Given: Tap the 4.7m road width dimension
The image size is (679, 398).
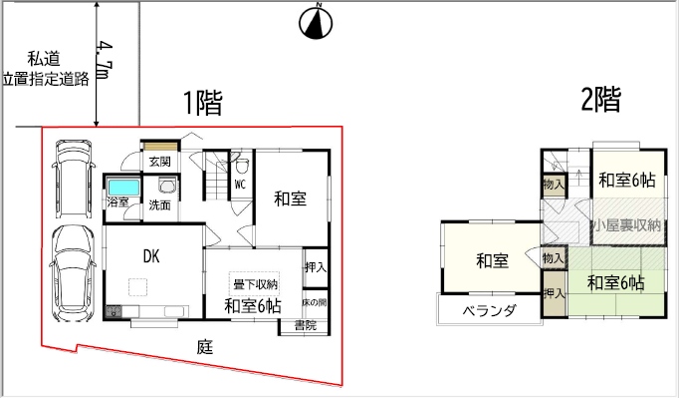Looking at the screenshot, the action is (x=105, y=60).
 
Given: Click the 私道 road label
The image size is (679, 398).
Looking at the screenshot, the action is (x=44, y=58).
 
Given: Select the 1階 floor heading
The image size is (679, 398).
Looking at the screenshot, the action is (x=203, y=103).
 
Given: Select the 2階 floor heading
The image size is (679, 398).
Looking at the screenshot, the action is (x=601, y=100).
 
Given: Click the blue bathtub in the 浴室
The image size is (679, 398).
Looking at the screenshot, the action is (x=123, y=188).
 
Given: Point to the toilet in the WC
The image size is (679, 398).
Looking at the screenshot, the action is (x=242, y=165).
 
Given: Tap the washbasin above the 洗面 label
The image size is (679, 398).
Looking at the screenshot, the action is (x=166, y=186).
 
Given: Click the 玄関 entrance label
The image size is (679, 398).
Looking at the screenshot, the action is (x=159, y=163).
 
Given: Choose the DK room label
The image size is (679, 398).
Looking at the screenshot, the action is (x=151, y=256).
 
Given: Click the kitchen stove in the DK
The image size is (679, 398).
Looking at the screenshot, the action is (x=113, y=311).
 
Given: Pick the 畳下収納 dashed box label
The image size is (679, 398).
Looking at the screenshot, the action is (x=255, y=284).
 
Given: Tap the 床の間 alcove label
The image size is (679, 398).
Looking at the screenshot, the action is (x=315, y=302).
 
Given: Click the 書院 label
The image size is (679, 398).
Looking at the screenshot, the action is (x=306, y=325).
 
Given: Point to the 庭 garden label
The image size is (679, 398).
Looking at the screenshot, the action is (x=205, y=347).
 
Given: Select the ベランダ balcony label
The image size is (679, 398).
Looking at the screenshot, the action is (x=489, y=311).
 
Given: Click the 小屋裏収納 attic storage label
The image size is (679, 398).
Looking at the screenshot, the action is (x=627, y=225).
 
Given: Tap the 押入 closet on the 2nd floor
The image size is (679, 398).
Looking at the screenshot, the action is (x=555, y=293).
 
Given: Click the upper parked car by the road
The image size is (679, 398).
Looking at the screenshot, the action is (x=74, y=179).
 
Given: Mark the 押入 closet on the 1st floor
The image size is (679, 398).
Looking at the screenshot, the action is (x=316, y=267).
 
